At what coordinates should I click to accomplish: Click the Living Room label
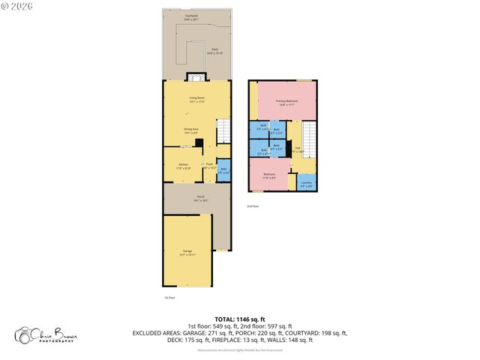[x=196, y=97]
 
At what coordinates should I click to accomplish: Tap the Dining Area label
[x=191, y=129]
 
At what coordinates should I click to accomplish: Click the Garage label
[x=187, y=252]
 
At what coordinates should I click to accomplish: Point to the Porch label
[x=197, y=199]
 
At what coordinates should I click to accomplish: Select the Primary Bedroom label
[x=286, y=102]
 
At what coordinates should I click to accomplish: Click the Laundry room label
[x=306, y=183]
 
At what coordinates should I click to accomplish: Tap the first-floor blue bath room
[x=222, y=170]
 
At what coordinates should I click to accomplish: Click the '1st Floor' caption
[x=169, y=297]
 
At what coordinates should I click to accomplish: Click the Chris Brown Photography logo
[x=45, y=335]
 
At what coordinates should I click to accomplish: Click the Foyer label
[x=209, y=166]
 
